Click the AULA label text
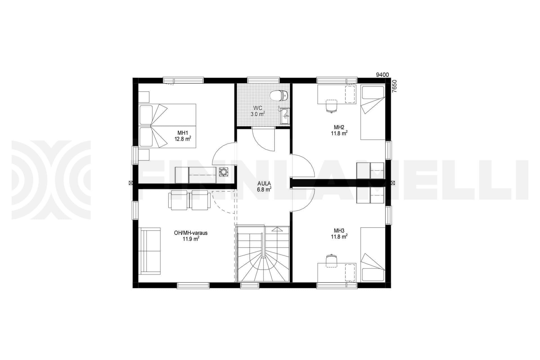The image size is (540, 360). [264, 183]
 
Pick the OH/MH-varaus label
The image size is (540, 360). [191, 233]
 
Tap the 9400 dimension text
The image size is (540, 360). [382, 75]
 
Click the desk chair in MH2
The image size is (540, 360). [332, 106]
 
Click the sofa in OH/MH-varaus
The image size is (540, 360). [150, 250]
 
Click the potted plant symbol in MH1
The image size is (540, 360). [224, 172]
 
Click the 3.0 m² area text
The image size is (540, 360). [257, 114]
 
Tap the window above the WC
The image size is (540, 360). [264, 80]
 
